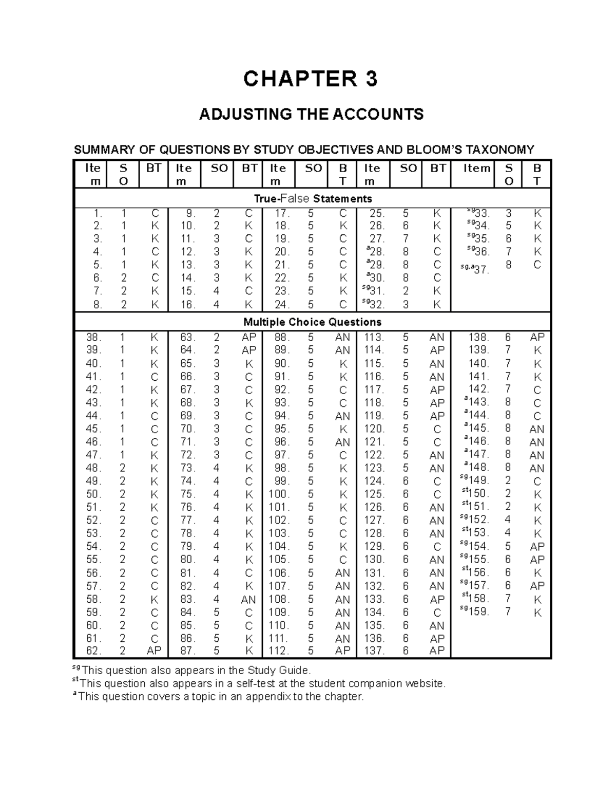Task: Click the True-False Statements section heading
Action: (x=313, y=199)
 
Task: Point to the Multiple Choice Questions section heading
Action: (x=312, y=322)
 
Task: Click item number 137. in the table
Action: (x=374, y=651)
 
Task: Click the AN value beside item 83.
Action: (x=248, y=599)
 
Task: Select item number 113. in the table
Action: (x=374, y=338)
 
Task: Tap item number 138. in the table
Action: (x=478, y=338)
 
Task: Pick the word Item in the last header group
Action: (x=477, y=169)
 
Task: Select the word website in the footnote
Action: (x=425, y=683)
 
